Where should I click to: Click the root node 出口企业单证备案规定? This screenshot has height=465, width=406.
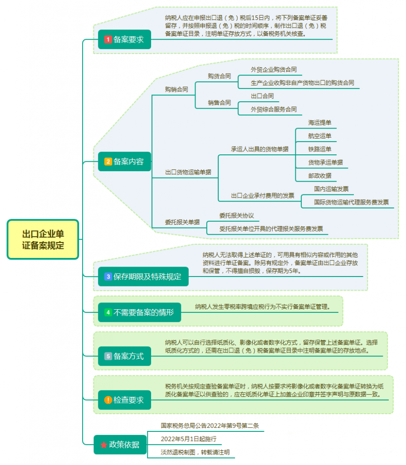click(x=43, y=239)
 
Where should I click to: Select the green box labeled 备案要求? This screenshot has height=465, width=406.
click(x=124, y=40)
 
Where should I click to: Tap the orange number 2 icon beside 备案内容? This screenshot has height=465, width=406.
click(x=108, y=162)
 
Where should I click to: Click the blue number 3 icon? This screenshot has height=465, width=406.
click(x=108, y=277)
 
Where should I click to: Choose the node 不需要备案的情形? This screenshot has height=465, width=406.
click(x=139, y=312)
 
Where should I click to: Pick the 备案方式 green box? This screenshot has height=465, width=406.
click(x=124, y=356)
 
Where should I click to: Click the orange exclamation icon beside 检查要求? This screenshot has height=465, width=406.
click(x=108, y=400)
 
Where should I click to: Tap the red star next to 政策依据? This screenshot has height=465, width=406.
click(x=104, y=445)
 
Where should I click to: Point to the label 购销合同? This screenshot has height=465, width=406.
click(x=176, y=89)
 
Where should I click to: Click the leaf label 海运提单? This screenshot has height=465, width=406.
click(x=320, y=123)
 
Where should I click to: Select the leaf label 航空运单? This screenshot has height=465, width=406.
click(x=320, y=136)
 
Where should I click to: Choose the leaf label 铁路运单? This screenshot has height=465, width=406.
click(x=320, y=149)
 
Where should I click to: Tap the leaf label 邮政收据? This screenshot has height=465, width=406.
click(x=320, y=176)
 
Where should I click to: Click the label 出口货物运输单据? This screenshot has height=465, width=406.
click(x=188, y=172)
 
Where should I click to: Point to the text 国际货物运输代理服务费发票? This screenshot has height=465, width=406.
click(x=352, y=202)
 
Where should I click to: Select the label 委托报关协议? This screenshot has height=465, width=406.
click(x=237, y=216)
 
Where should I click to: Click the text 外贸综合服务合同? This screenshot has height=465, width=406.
click(x=274, y=109)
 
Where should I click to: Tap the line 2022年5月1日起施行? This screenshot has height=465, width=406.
click(x=188, y=439)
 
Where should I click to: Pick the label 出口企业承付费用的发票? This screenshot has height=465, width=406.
click(x=263, y=195)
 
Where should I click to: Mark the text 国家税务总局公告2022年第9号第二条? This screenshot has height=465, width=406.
click(x=210, y=425)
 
